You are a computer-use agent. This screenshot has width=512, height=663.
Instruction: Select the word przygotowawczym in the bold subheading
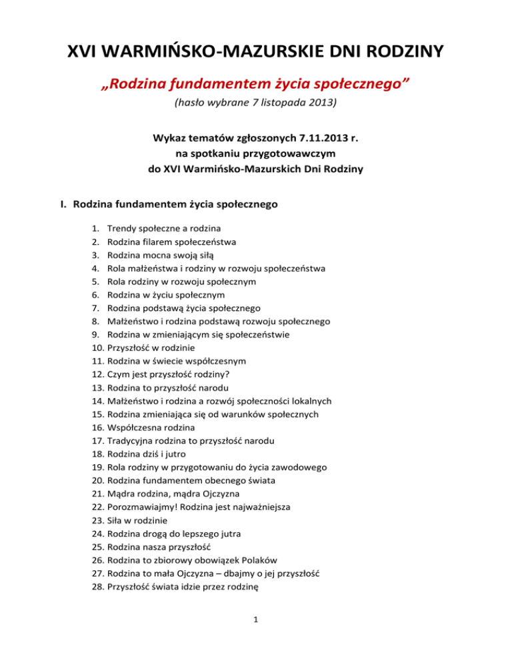click(293, 154)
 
